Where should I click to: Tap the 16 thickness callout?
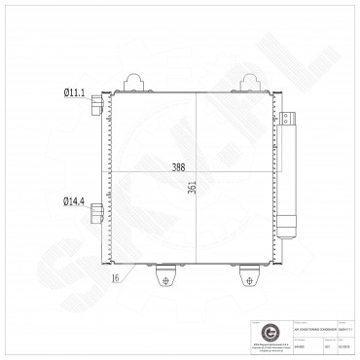point(116,278)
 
